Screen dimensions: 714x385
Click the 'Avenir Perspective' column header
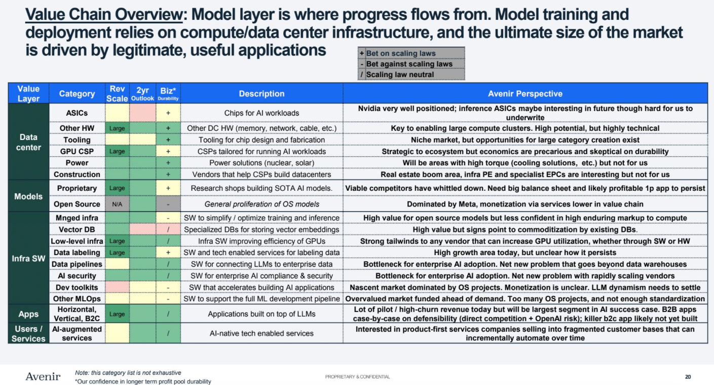click(524, 94)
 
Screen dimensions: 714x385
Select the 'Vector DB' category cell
click(77, 229)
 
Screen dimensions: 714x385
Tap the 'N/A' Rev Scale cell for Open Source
click(117, 204)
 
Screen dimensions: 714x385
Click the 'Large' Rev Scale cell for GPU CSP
click(117, 151)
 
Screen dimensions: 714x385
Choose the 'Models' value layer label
click(28, 196)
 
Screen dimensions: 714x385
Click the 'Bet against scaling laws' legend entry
click(409, 64)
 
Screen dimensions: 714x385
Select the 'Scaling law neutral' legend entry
click(400, 75)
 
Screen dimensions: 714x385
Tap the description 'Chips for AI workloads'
click(261, 113)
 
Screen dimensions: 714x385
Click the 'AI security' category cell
click(77, 275)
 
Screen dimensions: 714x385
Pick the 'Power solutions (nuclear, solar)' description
click(261, 163)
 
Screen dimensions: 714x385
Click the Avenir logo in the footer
click(43, 376)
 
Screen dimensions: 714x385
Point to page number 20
click(688, 377)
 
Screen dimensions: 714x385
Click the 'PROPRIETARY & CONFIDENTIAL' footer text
click(357, 377)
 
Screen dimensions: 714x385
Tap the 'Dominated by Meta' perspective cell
click(524, 204)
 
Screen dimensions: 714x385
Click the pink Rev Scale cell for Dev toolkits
click(117, 287)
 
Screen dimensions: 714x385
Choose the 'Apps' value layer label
click(28, 314)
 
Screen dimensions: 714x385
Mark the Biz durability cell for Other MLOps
click(168, 299)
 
